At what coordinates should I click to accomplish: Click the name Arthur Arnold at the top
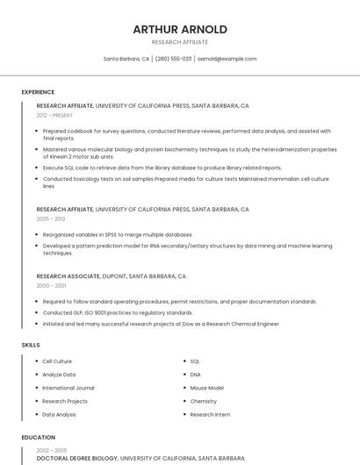coord(180,29)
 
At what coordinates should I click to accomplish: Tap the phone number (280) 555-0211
coord(173,59)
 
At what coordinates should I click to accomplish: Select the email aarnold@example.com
coord(227,59)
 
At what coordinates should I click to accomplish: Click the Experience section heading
coord(38,92)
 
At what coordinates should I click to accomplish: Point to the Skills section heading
coord(31,345)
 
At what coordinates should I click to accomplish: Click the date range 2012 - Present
coord(54,115)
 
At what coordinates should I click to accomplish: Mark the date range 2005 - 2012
coord(51,219)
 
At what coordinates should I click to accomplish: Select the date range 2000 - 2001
coord(51,286)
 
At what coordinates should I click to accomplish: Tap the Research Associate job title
coord(67,276)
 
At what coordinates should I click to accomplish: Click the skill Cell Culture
coord(57,361)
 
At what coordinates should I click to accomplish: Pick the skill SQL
coord(195,361)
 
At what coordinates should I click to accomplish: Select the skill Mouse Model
coord(206,388)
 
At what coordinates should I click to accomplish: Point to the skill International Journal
coord(68,388)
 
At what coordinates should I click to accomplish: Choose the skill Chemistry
coord(203,401)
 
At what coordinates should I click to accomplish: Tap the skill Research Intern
coord(210,414)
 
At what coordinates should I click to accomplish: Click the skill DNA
coord(196,375)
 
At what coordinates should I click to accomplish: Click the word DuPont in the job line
coord(113,276)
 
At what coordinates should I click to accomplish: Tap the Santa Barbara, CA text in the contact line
coord(126,59)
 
